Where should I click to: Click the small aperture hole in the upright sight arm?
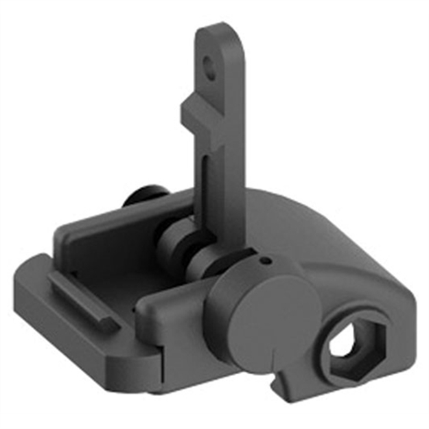[x=209, y=65]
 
